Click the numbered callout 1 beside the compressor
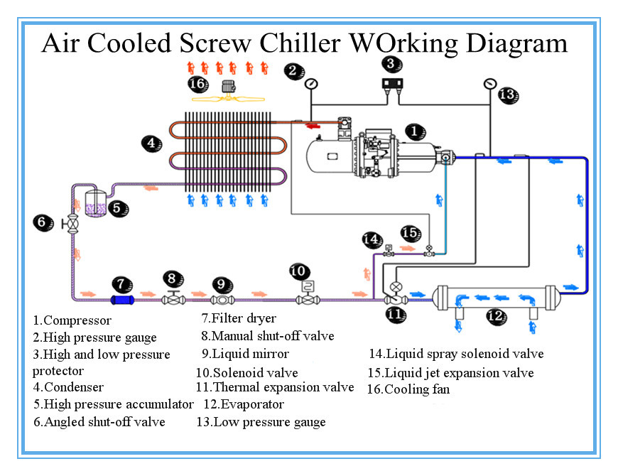click(x=416, y=131)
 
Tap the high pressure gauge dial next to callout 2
click(x=311, y=84)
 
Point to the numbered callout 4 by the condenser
click(x=150, y=143)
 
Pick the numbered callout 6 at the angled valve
click(x=43, y=222)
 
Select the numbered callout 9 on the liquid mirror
click(x=222, y=285)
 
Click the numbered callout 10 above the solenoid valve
click(x=300, y=271)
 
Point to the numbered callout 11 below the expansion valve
click(x=396, y=313)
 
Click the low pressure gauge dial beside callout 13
click(x=489, y=84)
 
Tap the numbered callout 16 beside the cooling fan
click(x=198, y=85)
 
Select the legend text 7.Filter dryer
click(x=239, y=318)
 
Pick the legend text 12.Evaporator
click(x=244, y=405)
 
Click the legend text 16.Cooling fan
click(x=408, y=389)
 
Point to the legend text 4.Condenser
click(x=68, y=387)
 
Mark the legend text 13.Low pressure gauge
click(x=261, y=422)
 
